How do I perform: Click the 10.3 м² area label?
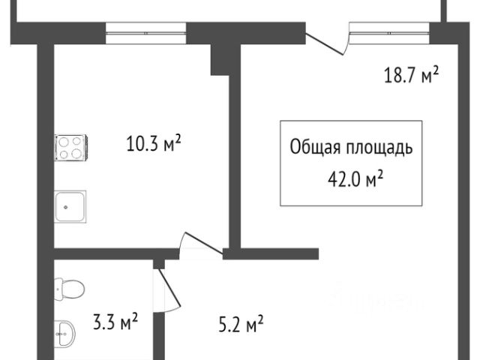(153, 143)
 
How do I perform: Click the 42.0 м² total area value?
(351, 178)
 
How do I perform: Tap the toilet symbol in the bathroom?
(70, 286)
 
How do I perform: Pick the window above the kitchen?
(145, 29)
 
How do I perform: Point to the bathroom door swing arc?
(168, 292)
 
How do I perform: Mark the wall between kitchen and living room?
(234, 150)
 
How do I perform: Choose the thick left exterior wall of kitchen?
(46, 150)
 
